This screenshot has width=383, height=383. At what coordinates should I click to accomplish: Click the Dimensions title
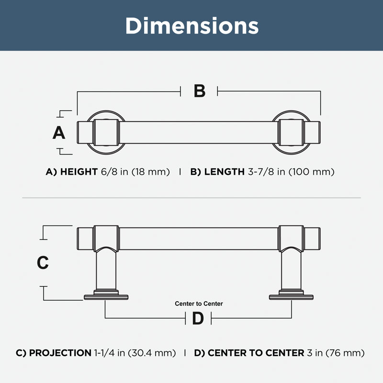point(192,26)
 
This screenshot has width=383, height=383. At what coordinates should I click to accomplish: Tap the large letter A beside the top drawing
point(59,133)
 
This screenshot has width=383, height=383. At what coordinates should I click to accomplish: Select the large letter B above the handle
point(199,91)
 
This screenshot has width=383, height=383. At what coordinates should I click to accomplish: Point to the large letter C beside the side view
point(43,262)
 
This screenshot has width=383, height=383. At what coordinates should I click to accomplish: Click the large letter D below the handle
point(198,318)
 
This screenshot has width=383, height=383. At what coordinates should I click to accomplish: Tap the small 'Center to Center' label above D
point(199,304)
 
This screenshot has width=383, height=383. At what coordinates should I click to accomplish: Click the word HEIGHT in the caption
point(79,172)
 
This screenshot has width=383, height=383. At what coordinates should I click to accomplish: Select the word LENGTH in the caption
point(224,172)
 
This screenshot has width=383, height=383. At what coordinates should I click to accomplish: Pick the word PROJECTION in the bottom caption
point(60,353)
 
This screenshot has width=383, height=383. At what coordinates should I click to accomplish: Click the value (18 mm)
point(151,172)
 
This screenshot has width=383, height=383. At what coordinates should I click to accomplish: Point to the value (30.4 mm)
point(152,353)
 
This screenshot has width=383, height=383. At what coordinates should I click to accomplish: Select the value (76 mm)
point(345,353)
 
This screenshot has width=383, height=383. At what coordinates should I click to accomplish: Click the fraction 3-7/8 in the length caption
point(261,172)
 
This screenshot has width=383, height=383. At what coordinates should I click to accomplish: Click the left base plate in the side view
point(106,297)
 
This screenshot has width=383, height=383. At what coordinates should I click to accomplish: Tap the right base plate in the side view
point(291,297)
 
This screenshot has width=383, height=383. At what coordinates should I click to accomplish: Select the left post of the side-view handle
point(106,270)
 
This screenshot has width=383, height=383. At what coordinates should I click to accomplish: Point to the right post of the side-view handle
point(291,270)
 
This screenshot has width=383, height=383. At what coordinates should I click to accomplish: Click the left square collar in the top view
point(106,133)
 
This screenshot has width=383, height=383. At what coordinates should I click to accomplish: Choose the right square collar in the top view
point(291,133)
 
